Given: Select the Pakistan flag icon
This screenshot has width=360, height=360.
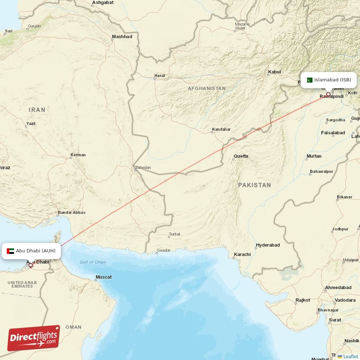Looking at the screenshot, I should click(x=310, y=80).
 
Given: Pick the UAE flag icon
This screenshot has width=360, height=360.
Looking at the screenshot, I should click(x=11, y=251).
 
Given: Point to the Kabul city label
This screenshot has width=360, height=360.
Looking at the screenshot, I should click(x=274, y=72).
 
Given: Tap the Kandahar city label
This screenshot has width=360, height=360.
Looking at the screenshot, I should click(x=221, y=129).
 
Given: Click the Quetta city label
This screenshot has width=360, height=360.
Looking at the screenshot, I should click(x=240, y=157).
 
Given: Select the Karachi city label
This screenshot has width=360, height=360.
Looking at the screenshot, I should click(x=242, y=254).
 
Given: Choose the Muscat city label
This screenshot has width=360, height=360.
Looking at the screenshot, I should click(x=103, y=277).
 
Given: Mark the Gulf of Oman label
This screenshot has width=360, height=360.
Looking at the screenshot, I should click(x=93, y=262).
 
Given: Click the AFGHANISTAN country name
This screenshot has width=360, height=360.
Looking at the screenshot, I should click(x=207, y=89).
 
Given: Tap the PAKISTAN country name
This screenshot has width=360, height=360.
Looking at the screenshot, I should click(x=255, y=185).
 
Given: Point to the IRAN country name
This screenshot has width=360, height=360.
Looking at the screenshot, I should click(x=37, y=110).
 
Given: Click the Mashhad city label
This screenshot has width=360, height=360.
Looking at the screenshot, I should click(x=122, y=36).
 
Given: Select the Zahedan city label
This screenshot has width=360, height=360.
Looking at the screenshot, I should click(x=143, y=167).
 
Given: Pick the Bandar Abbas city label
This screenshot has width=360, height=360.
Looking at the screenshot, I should click(x=72, y=212).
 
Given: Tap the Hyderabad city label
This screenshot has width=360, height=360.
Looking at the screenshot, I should click(x=268, y=245).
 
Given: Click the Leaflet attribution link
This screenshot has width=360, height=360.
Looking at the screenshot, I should click(x=350, y=356).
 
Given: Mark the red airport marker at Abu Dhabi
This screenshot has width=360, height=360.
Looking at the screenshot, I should click(x=31, y=265).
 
